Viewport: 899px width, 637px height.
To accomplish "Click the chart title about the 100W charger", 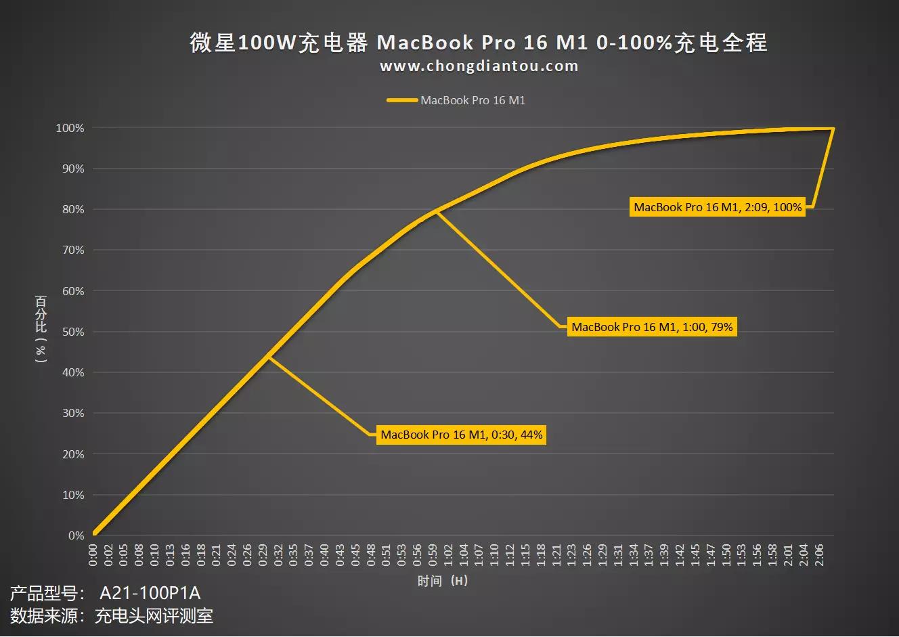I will pos(478,43).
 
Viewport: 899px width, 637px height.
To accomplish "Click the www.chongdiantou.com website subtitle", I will pos(479,66).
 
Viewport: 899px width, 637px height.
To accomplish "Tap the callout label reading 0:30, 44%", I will pos(461,435).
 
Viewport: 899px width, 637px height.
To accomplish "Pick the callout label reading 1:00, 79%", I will pos(652,327).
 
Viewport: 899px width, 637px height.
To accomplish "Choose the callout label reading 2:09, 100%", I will pos(718,207).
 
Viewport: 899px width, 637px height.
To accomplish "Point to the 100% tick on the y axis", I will pos(70,128).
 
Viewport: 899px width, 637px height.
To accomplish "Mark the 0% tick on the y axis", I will pos(76,535).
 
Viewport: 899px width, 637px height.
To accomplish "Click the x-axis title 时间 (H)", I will pos(442,581).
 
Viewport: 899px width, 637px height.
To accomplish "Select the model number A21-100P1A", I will pos(150,594).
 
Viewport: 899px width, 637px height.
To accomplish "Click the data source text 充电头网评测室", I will pos(154,616).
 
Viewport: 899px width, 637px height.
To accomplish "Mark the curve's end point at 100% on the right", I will pos(833,128).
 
